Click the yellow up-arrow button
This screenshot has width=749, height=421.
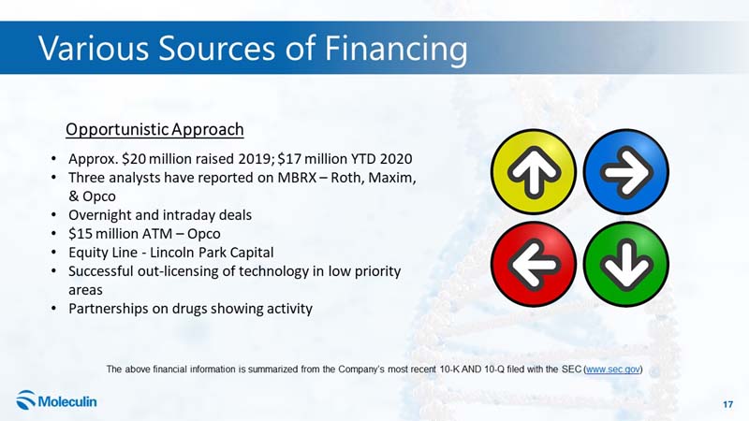coord(534,172)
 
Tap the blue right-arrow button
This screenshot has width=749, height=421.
coord(626,172)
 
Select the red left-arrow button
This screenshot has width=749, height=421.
coord(534,264)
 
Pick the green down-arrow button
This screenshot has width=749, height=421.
coord(626,264)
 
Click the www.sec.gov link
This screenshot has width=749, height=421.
coord(613,369)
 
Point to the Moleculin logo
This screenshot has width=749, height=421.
coord(56,400)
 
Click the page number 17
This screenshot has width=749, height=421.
coord(727,404)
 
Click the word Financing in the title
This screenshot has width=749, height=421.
coord(396,50)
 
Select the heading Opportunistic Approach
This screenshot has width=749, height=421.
coord(154,129)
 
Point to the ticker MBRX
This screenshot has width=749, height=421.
coord(297,178)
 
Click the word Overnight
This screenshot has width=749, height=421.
coord(100,215)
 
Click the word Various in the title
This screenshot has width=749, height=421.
coord(94,49)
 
